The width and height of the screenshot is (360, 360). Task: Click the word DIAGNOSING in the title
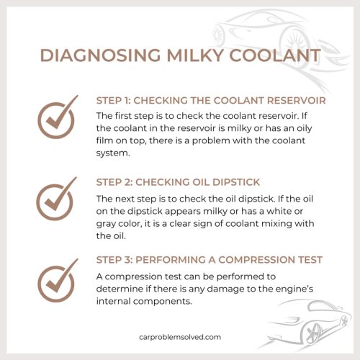94,57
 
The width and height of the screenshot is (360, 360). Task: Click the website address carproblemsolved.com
180,336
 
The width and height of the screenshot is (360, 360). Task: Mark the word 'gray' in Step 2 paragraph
108,222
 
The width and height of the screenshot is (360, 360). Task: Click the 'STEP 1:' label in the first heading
115,101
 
